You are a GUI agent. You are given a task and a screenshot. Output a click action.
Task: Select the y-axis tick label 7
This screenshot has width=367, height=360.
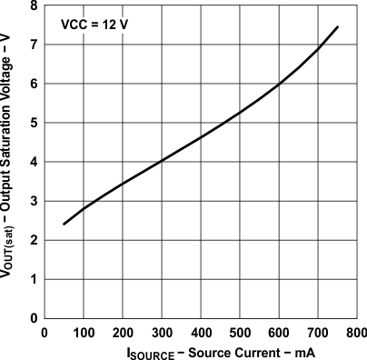(x=35, y=45)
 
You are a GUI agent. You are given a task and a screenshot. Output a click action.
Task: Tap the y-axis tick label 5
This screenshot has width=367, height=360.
(x=35, y=123)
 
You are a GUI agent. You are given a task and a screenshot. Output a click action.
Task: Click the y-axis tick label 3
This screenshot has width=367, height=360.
(x=35, y=201)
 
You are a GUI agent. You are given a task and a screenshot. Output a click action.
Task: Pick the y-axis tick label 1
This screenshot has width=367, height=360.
(x=35, y=279)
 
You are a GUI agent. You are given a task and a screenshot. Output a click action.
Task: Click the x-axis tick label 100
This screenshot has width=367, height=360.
(x=84, y=330)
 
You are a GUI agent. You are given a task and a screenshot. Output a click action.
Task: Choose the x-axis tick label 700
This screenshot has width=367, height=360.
(x=318, y=330)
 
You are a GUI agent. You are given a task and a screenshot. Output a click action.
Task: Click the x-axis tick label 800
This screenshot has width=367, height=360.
(x=356, y=330)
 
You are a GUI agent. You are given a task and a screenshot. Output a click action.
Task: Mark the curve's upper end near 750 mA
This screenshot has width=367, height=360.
(x=338, y=27)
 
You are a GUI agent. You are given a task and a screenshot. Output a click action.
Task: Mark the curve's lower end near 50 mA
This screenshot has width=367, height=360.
(x=64, y=224)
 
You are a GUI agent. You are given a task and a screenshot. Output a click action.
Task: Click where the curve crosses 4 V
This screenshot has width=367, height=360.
(x=162, y=162)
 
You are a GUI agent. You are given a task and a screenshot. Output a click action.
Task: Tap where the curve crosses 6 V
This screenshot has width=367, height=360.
(x=279, y=84)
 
